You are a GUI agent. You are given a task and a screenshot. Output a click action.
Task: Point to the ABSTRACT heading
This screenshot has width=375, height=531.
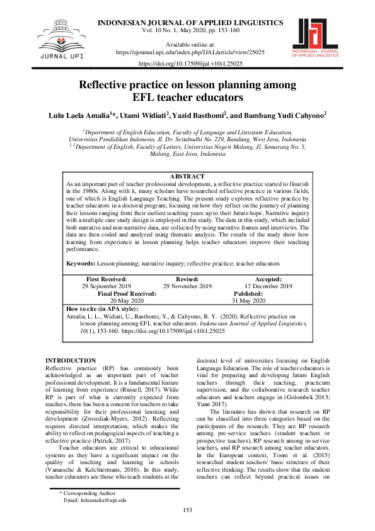click(x=188, y=176)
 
